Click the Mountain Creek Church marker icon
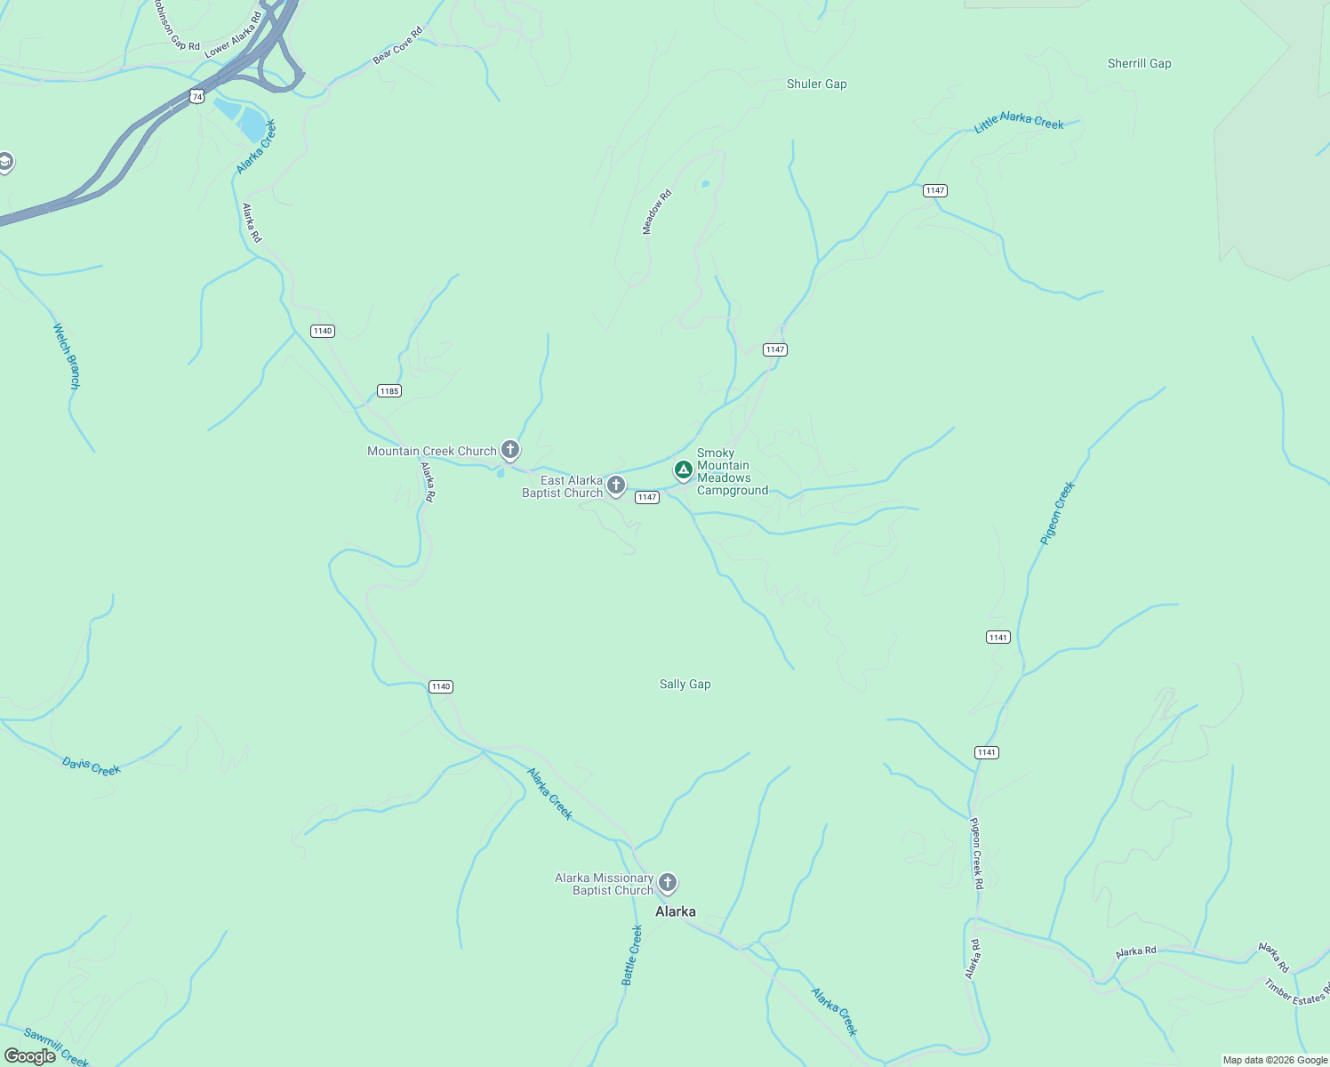[510, 449]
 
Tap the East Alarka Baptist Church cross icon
[616, 485]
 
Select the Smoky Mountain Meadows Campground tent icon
[683, 469]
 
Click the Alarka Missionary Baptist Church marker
[668, 883]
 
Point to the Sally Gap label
[685, 684]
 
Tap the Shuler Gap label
[816, 84]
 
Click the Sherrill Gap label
[1139, 63]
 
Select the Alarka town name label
[675, 911]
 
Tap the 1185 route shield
[389, 391]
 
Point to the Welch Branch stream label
[67, 356]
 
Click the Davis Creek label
[91, 766]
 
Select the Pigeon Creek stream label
[1057, 513]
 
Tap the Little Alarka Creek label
[1019, 122]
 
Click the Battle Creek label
[631, 955]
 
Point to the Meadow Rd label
[657, 213]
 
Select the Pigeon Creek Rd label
[976, 853]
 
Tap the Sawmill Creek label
[55, 1047]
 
